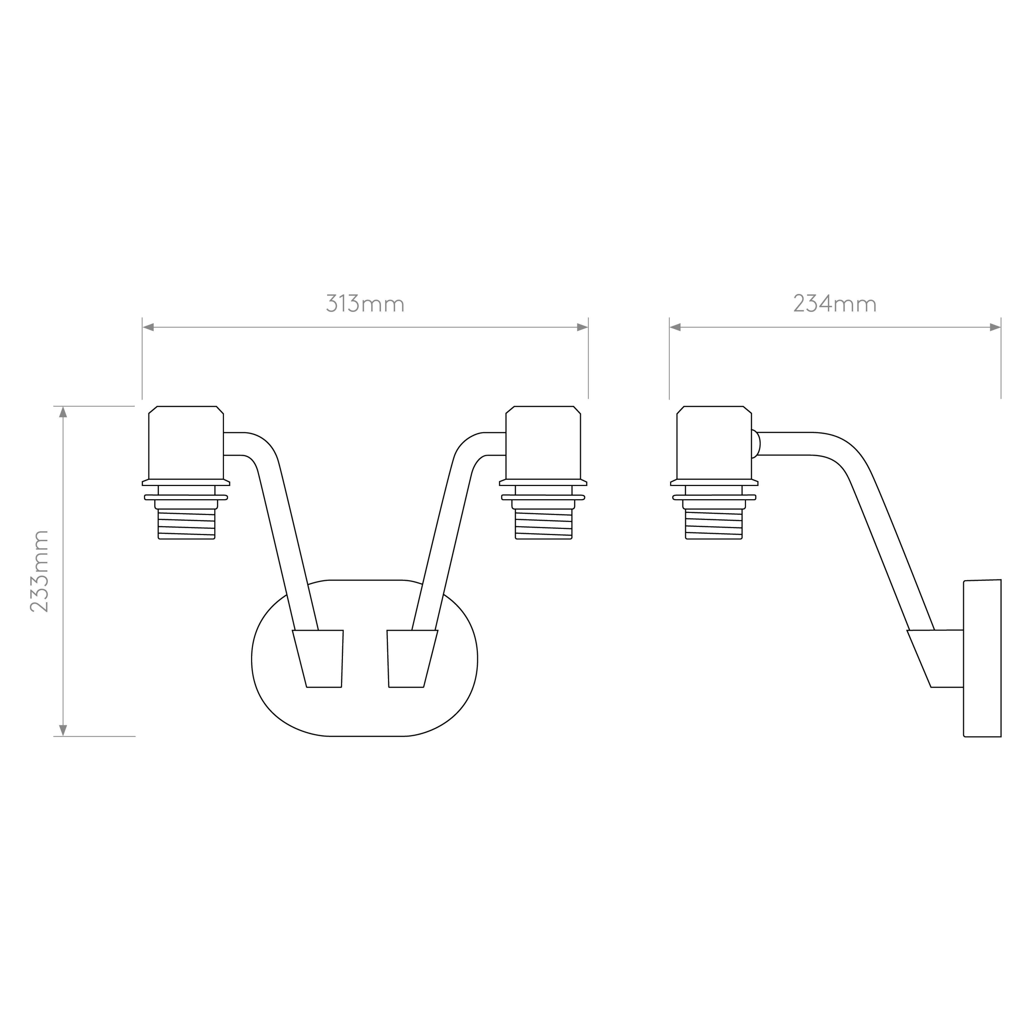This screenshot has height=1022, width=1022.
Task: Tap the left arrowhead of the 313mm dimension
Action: (x=148, y=328)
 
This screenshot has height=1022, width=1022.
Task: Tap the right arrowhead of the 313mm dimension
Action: (x=583, y=328)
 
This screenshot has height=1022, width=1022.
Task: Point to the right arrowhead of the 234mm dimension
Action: (x=995, y=328)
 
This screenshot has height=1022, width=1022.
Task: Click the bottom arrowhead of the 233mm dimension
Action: (x=63, y=730)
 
